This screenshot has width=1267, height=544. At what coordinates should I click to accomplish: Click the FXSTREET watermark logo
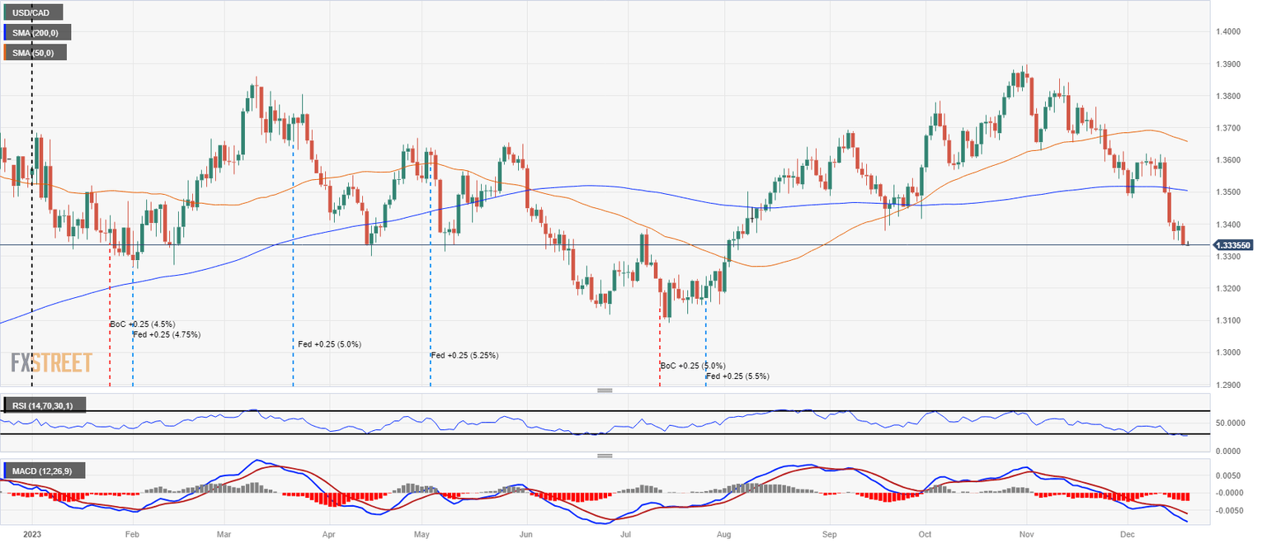coord(51,362)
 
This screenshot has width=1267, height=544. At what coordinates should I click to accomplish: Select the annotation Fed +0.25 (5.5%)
coord(737,376)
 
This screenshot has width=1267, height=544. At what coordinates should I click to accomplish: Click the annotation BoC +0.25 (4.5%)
coord(143,324)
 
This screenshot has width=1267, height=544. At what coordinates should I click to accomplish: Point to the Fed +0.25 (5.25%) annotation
coord(464,356)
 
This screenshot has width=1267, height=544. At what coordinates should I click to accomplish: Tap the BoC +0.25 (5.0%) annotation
coord(693,366)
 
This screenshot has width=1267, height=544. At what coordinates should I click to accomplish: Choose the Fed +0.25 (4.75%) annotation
coord(167,335)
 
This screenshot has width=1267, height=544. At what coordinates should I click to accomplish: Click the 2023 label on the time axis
coord(31,535)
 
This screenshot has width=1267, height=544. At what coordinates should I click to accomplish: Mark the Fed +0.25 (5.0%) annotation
coord(329,344)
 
